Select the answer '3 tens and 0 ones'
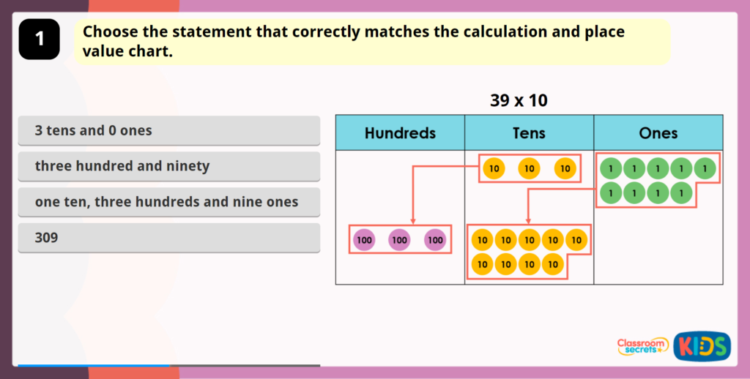point(168,131)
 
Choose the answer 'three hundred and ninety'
point(168,166)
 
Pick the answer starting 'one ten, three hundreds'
point(168,202)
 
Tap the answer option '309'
point(168,238)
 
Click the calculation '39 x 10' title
point(519,101)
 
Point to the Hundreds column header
point(400,133)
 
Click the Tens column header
point(529,133)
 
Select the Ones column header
point(658,133)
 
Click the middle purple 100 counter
point(399,239)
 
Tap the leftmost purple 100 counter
point(363,239)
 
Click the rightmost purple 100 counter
point(435,239)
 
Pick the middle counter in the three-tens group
point(529,169)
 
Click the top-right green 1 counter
point(705,169)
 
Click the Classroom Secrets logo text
point(642,346)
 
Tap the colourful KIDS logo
point(701,346)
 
